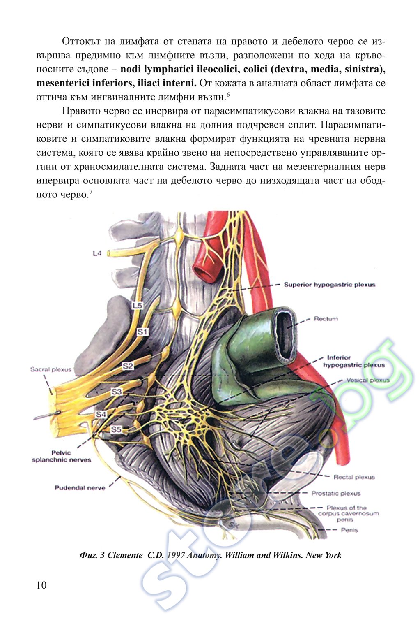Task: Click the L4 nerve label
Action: click(x=96, y=254)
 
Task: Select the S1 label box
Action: click(x=142, y=331)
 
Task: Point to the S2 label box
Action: click(x=128, y=366)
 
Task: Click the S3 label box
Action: click(x=117, y=392)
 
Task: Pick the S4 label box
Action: click(x=101, y=414)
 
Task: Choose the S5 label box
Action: click(x=117, y=430)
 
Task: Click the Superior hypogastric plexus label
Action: click(x=329, y=285)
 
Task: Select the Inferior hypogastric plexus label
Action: click(x=353, y=361)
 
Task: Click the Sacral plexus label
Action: click(x=50, y=369)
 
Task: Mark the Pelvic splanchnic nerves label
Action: click(x=62, y=456)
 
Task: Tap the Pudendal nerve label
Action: click(x=80, y=488)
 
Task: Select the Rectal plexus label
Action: click(x=354, y=477)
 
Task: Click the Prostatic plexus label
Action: click(x=336, y=493)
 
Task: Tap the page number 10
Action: click(x=41, y=585)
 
